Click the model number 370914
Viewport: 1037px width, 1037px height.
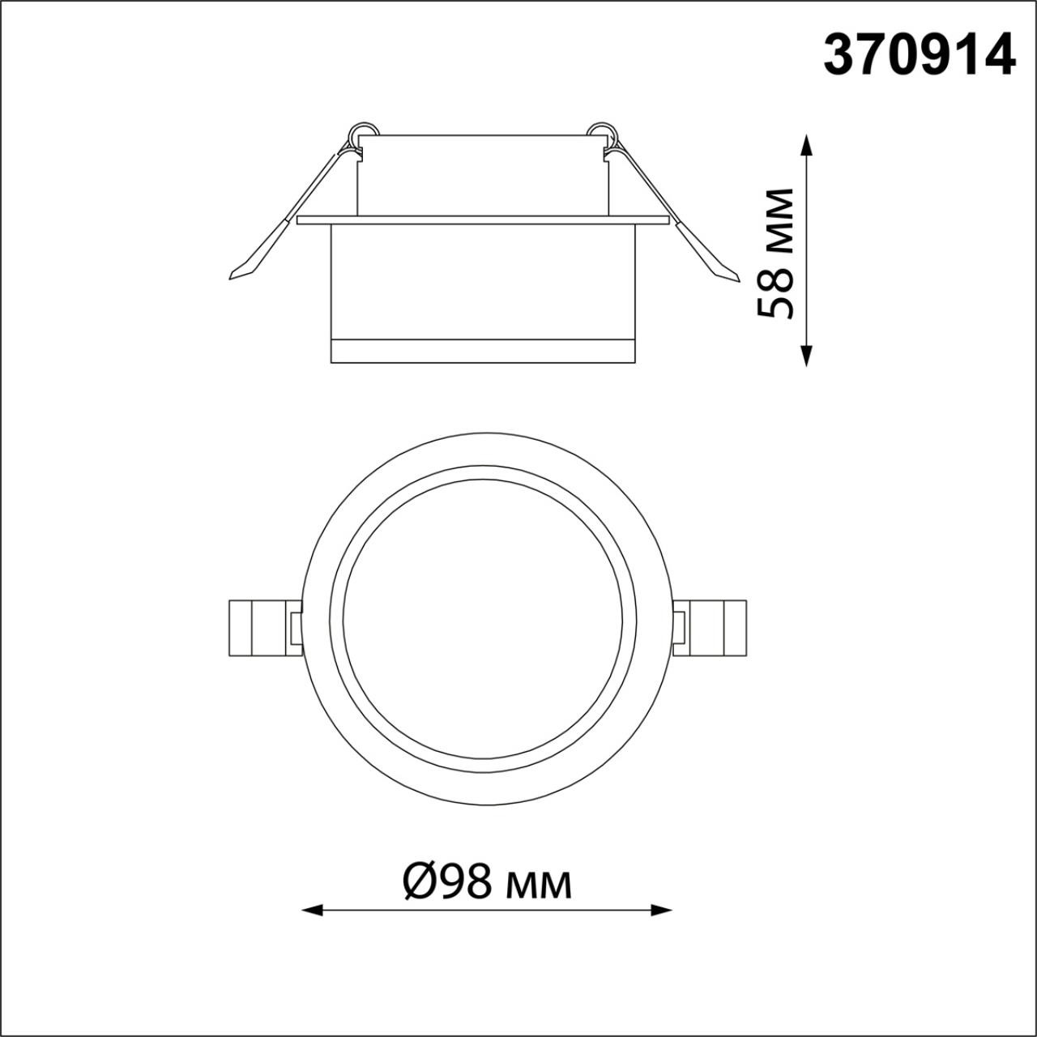(x=920, y=62)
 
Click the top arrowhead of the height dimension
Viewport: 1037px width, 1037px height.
(x=805, y=144)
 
